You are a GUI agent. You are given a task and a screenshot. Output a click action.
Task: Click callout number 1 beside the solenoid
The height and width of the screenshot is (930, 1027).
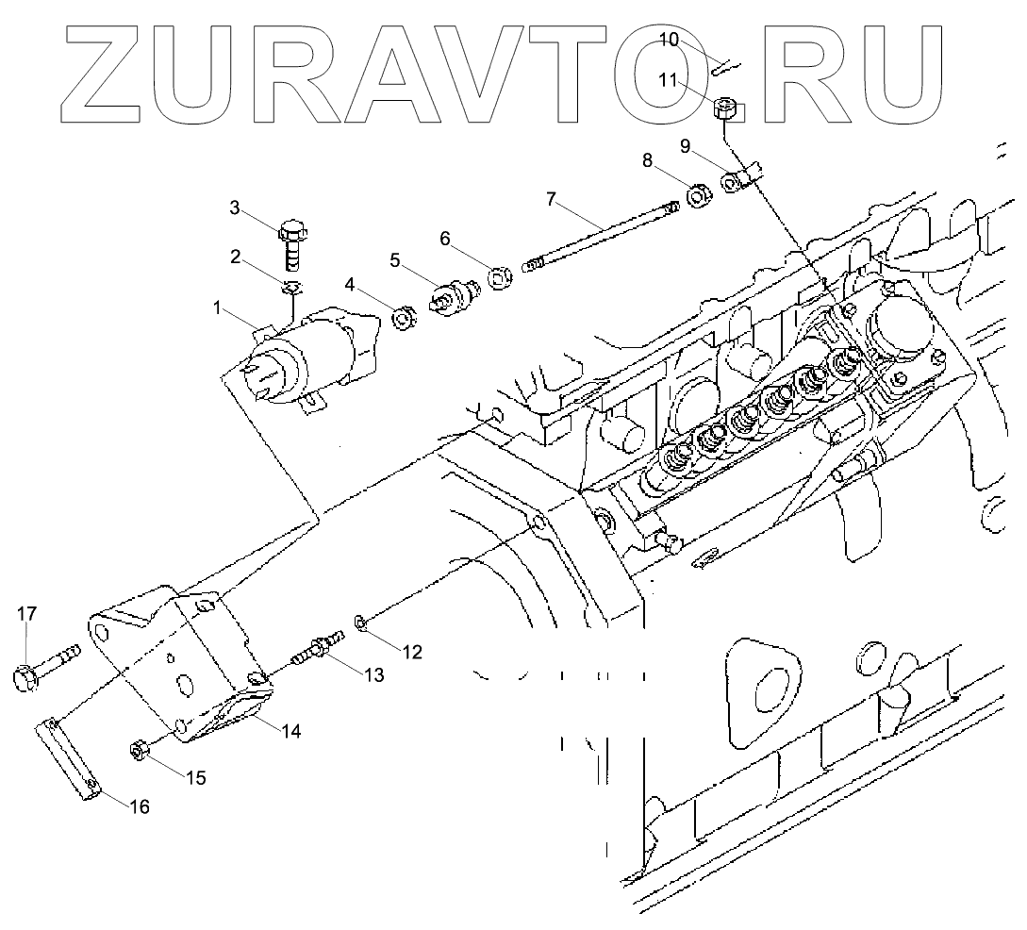pos(217,307)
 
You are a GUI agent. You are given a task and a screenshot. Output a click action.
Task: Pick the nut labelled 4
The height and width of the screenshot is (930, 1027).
pos(404,320)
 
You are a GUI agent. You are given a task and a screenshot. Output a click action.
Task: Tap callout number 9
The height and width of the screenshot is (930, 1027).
pos(686,146)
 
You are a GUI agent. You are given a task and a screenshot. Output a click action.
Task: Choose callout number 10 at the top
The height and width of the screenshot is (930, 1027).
pos(668,40)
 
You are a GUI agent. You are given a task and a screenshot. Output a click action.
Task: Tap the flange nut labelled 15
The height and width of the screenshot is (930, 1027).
pos(141,752)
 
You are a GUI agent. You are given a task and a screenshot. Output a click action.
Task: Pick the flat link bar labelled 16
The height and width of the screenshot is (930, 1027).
pos(70,759)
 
